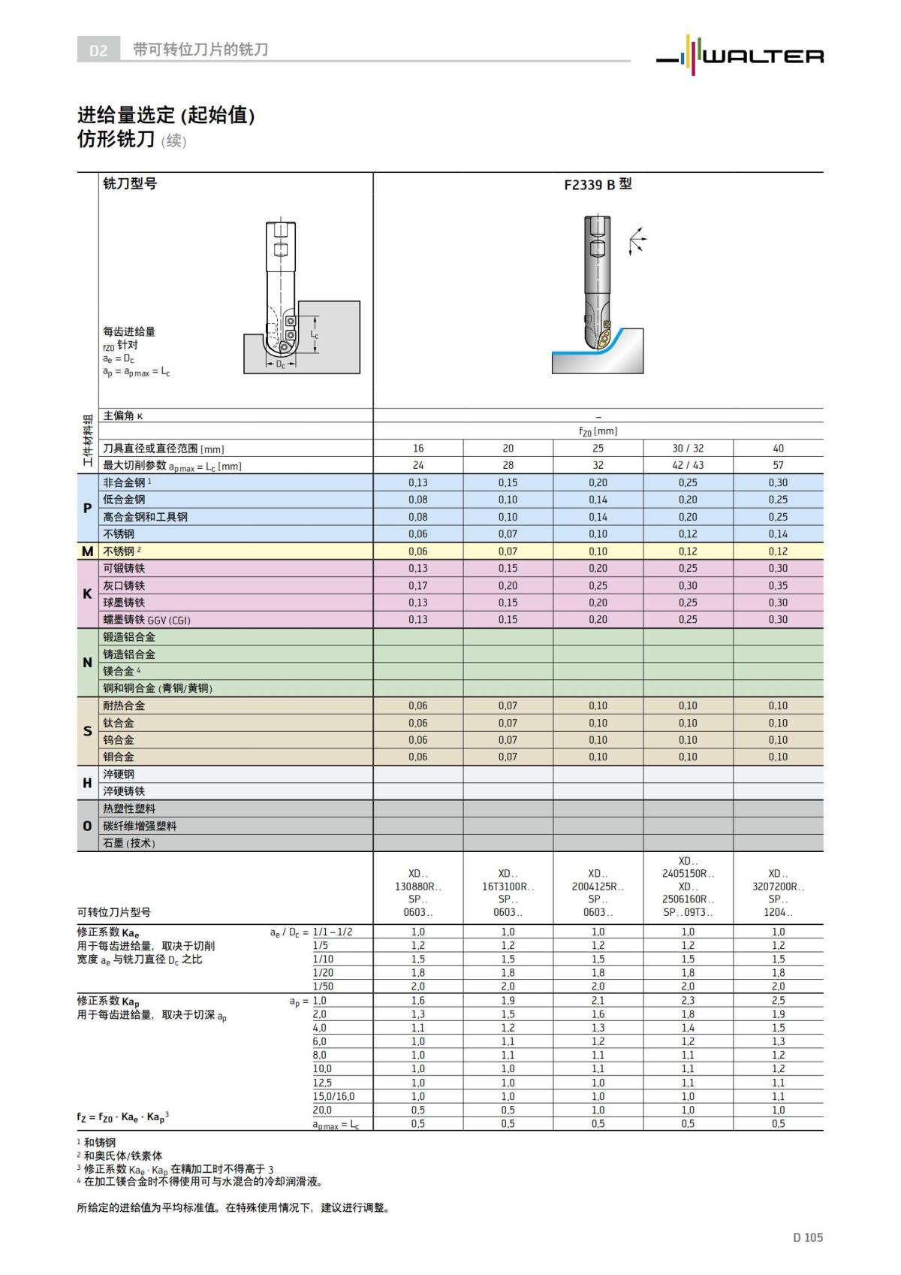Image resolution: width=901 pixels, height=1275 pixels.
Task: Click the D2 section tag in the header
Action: point(98,50)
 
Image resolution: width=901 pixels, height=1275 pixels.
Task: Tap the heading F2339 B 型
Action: point(598,184)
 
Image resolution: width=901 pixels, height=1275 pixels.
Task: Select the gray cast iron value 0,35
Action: point(778,585)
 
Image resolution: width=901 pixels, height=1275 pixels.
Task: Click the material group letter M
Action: point(87,551)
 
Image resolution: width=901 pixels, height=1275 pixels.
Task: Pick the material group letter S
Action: point(87,731)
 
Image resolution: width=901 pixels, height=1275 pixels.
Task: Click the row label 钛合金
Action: point(119,723)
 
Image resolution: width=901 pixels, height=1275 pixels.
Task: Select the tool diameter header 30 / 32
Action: point(688,448)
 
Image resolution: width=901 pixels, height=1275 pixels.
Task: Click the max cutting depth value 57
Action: point(778,465)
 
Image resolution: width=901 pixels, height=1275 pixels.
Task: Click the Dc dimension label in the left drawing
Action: point(280,364)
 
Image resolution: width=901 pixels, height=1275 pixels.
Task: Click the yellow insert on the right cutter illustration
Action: point(605,336)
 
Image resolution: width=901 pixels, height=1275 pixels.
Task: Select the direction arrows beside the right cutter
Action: point(637,240)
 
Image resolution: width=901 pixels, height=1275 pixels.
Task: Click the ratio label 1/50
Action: point(323,986)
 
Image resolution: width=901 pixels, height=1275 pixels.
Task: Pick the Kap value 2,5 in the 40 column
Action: point(778,1000)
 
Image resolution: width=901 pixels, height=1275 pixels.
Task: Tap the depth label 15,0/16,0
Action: point(333,1096)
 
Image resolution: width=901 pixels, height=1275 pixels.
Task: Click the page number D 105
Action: point(807,1237)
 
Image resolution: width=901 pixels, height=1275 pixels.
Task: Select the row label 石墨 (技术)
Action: point(129,843)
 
